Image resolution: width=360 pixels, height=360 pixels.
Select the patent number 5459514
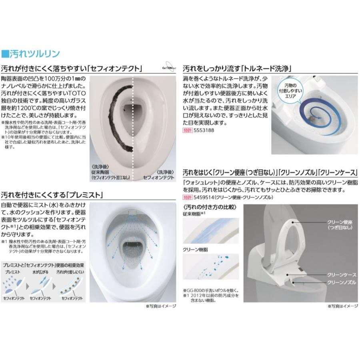[203, 197]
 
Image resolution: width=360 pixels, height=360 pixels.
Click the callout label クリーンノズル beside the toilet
[341, 282]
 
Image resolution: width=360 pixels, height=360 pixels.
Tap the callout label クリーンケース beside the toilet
[341, 275]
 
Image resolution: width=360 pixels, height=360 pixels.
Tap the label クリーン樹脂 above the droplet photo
[195, 249]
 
